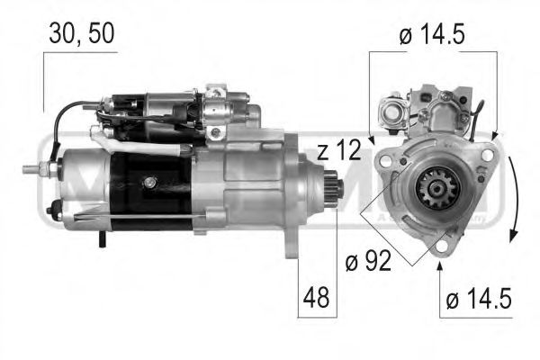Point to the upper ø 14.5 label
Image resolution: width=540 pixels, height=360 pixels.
coord(432,36)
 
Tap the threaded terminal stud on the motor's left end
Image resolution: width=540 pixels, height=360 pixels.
coord(40,170)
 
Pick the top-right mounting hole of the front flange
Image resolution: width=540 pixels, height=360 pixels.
coord(486,156)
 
